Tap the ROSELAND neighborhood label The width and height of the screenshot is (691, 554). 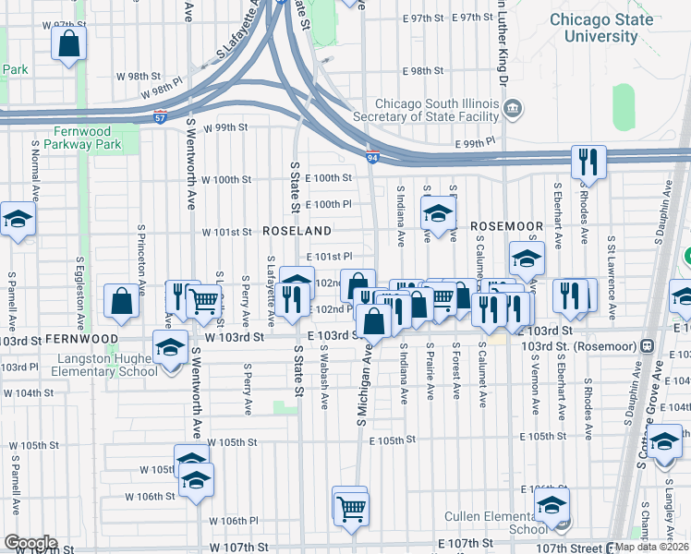pyautogui.click(x=297, y=229)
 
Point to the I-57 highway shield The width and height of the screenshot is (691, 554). pyautogui.click(x=160, y=119)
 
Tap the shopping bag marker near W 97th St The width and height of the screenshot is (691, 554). pyautogui.click(x=68, y=42)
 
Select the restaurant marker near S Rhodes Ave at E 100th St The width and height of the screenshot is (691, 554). pyautogui.click(x=588, y=163)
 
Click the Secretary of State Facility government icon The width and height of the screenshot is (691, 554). pyautogui.click(x=513, y=110)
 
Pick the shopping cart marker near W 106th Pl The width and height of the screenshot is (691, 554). pyautogui.click(x=351, y=506)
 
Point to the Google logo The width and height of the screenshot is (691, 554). pyautogui.click(x=30, y=543)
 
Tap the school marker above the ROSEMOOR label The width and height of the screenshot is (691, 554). pyautogui.click(x=436, y=214)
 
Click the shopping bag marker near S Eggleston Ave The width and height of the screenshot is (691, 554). pyautogui.click(x=122, y=300)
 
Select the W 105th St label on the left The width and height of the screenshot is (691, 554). pyautogui.click(x=34, y=445)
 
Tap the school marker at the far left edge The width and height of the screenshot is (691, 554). pyautogui.click(x=16, y=220)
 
